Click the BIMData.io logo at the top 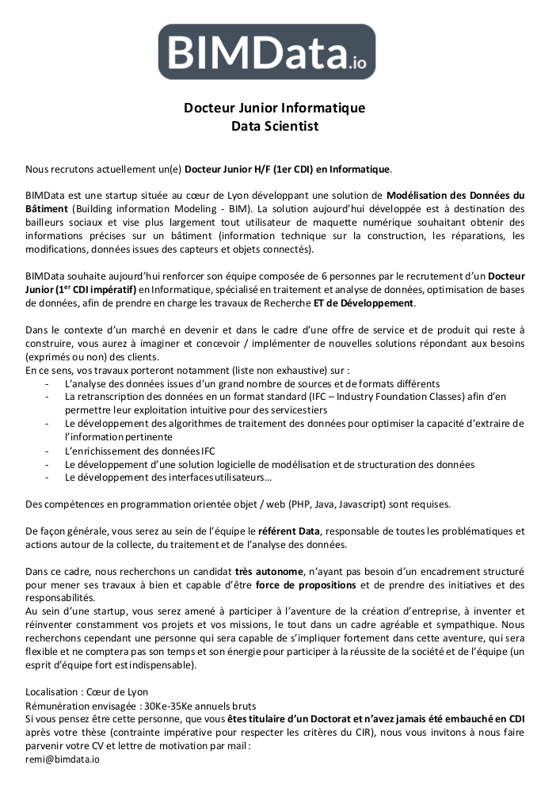coord(267,51)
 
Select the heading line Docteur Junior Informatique coord(274,108)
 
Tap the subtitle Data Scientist coord(274,126)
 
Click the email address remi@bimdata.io coord(63,759)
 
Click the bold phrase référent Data coord(289,531)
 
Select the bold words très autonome coord(269,571)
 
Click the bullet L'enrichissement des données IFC coord(140,451)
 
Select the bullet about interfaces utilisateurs coord(168,478)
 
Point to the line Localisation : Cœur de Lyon coord(86,691)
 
